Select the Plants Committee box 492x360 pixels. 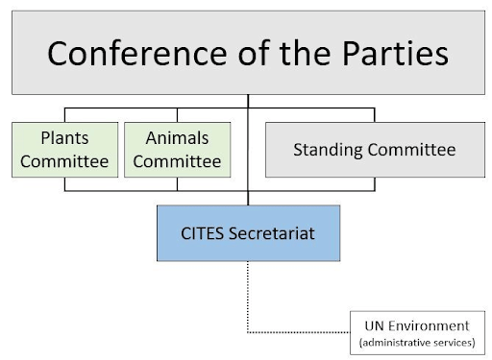64,149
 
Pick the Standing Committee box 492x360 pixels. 374,150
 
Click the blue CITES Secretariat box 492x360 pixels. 249,233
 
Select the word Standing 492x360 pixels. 329,150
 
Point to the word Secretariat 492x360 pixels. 272,233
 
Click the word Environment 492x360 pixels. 434,325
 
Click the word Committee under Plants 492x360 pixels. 64,160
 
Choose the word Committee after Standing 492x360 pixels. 412,150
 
